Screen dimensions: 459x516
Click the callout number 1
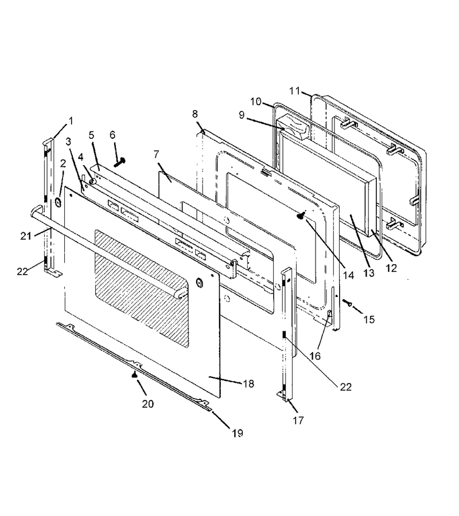pos(71,121)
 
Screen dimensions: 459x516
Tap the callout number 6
pos(112,135)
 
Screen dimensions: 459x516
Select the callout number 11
pos(295,91)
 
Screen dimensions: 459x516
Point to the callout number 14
pos(348,275)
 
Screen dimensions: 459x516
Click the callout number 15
pos(369,319)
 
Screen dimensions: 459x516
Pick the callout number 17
pos(298,420)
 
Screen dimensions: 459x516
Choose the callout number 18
pos(248,384)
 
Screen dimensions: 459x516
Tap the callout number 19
pos(238,433)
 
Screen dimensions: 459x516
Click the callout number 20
pos(148,404)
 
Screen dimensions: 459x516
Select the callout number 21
pos(26,236)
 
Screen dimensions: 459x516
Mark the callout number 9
pos(242,115)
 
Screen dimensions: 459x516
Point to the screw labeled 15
pos(347,302)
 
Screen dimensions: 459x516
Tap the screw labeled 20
pos(134,374)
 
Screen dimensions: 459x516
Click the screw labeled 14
pos(301,216)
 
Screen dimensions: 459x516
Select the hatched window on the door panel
pos(142,288)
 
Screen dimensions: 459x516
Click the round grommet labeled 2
pos(59,202)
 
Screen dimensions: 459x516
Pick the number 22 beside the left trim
pos(22,272)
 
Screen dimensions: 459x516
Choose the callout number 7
pos(156,154)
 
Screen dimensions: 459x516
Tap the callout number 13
pos(369,272)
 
